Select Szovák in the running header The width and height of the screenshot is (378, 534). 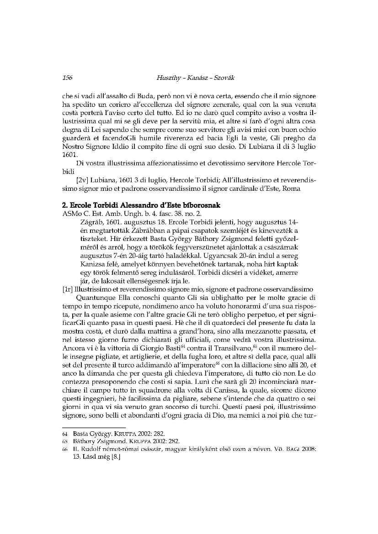pyautogui.click(x=221, y=79)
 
